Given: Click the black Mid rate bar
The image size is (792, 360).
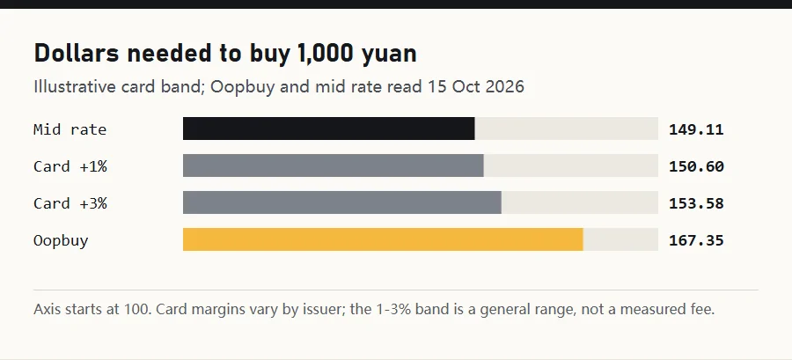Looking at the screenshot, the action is pyautogui.click(x=329, y=129).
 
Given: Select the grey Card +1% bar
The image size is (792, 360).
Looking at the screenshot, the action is pyautogui.click(x=334, y=165).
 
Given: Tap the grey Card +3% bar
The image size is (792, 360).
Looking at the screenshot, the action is pyautogui.click(x=342, y=202).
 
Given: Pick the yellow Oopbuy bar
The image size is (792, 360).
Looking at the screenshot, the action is pyautogui.click(x=383, y=239).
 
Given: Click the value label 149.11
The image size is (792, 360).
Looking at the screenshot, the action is pyautogui.click(x=696, y=129).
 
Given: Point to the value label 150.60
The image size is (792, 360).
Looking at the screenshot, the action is pyautogui.click(x=696, y=166).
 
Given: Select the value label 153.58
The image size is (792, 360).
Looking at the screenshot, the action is pyautogui.click(x=696, y=203).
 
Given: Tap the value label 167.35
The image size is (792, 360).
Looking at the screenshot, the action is pyautogui.click(x=696, y=240).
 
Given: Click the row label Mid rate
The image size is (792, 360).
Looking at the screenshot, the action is pyautogui.click(x=70, y=129).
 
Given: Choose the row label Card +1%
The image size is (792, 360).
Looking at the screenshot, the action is pyautogui.click(x=70, y=166).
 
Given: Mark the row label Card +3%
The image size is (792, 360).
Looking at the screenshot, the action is pyautogui.click(x=70, y=203).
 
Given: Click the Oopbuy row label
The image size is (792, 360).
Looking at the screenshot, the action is pyautogui.click(x=61, y=241).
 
